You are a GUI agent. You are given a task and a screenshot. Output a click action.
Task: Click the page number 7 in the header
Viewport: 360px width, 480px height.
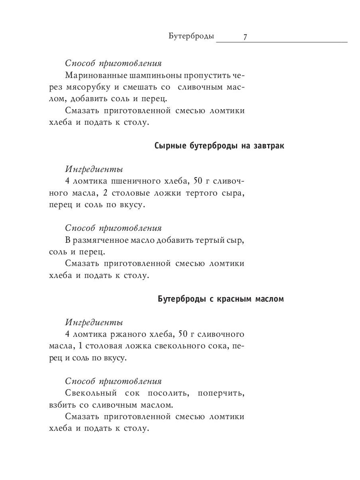coord(245,37)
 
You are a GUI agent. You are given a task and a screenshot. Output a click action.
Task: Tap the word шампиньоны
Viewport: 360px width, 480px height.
coord(153,75)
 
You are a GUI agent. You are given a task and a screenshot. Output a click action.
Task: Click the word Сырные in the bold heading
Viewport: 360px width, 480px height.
coord(169,146)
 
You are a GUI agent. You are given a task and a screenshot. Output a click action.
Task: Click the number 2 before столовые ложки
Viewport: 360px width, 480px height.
coord(105,193)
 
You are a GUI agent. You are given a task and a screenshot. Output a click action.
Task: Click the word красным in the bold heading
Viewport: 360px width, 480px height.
coord(233,299)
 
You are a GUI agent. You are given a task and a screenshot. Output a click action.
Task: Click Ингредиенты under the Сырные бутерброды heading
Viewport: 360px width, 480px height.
coord(94,169)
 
